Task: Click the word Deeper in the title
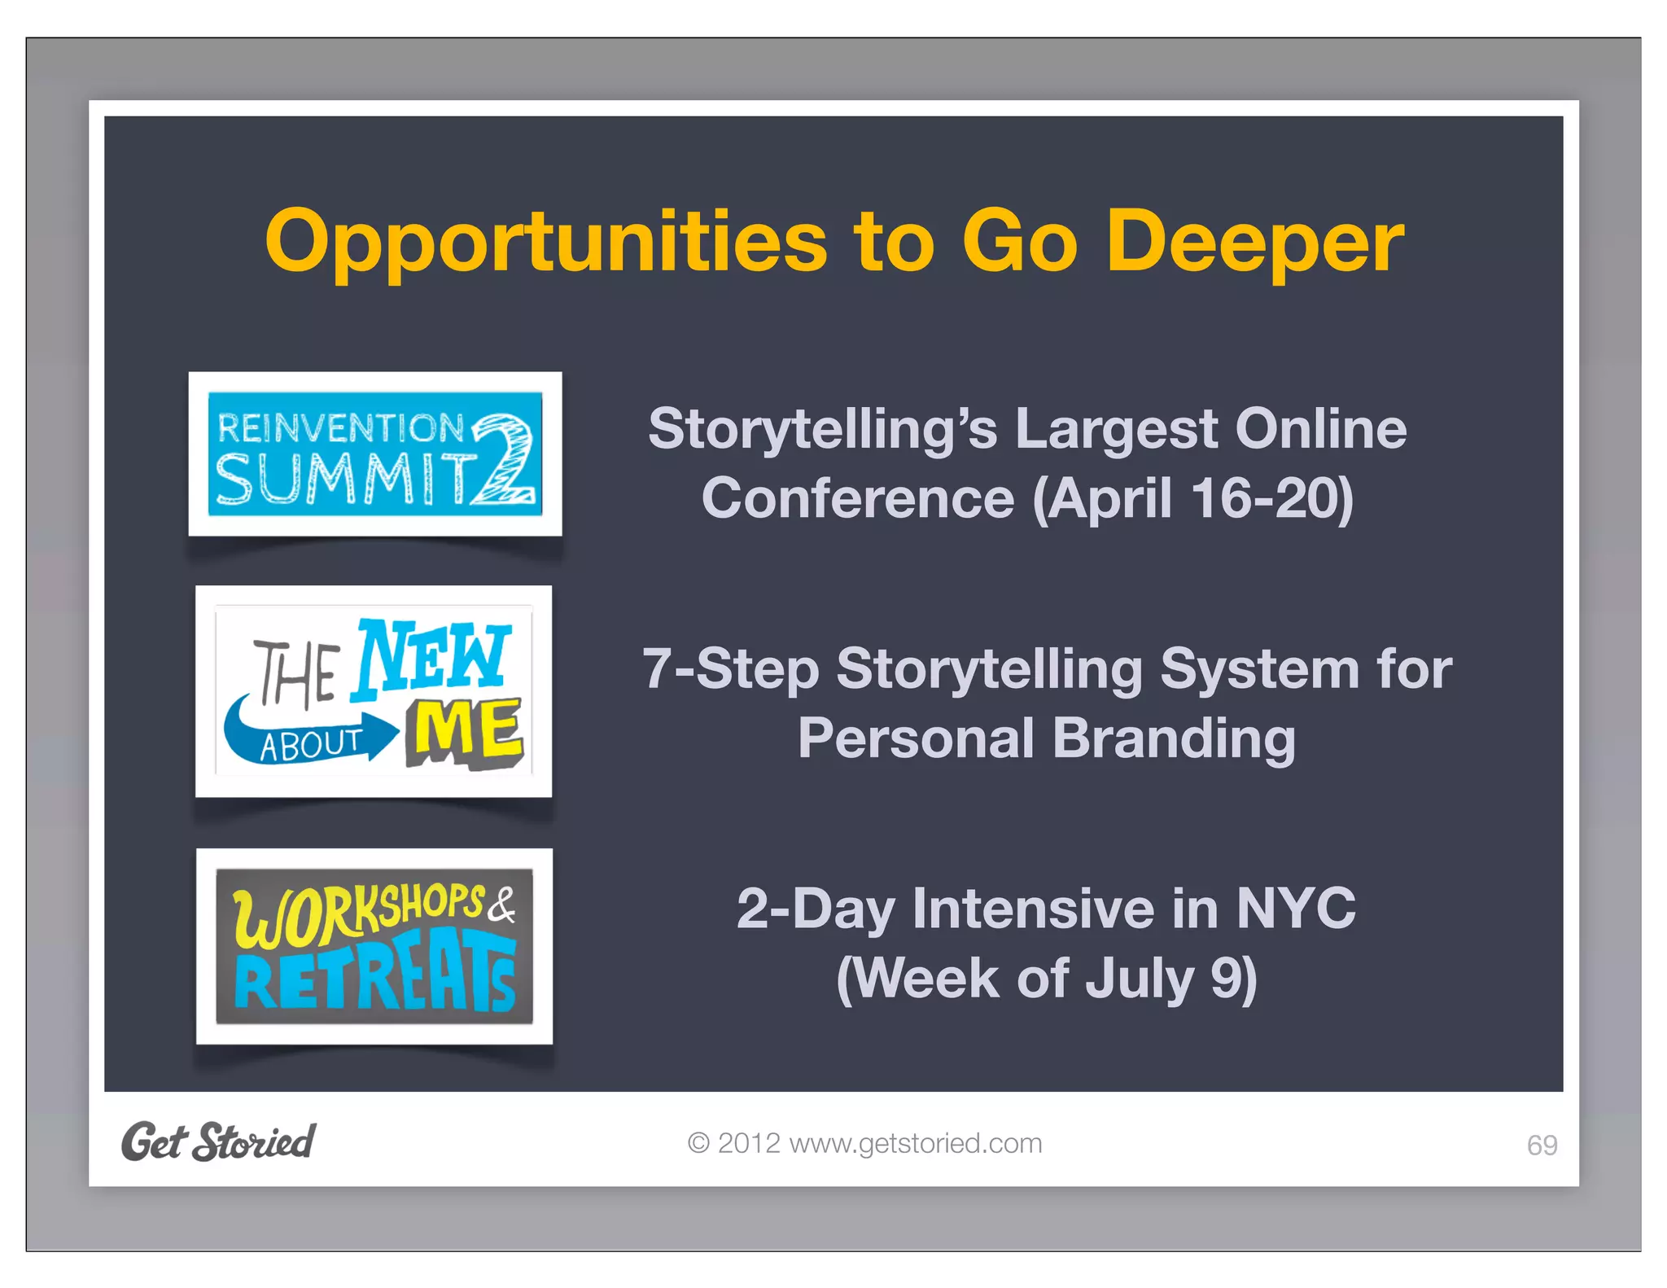[x=1254, y=243]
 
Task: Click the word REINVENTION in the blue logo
[x=340, y=428]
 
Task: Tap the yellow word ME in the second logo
[x=466, y=733]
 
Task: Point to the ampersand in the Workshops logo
[x=502, y=905]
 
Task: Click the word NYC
[x=1296, y=908]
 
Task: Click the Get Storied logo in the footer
[x=218, y=1141]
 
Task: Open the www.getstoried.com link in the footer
[x=915, y=1143]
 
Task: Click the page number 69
[x=1541, y=1146]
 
